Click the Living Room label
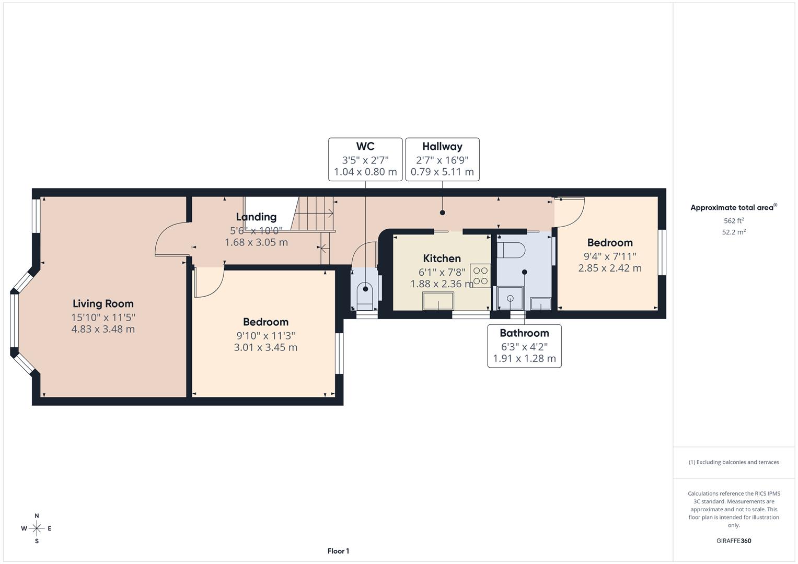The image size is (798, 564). [103, 303]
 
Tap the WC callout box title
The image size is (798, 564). [365, 146]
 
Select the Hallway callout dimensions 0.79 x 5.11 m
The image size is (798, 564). [442, 172]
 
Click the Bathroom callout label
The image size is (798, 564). [524, 333]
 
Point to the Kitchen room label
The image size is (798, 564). [442, 258]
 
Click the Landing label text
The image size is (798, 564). [256, 217]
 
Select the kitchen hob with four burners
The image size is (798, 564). [480, 276]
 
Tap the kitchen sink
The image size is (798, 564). [438, 301]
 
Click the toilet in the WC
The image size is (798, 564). [365, 292]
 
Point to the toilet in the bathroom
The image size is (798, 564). [511, 250]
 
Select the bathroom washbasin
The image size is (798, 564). [540, 303]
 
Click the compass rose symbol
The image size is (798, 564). [37, 528]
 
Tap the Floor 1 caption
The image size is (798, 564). [338, 551]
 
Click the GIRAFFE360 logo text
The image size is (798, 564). [733, 540]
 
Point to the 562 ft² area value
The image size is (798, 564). [733, 221]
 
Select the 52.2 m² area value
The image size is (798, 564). [733, 232]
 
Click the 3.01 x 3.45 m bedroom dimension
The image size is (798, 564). [265, 347]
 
